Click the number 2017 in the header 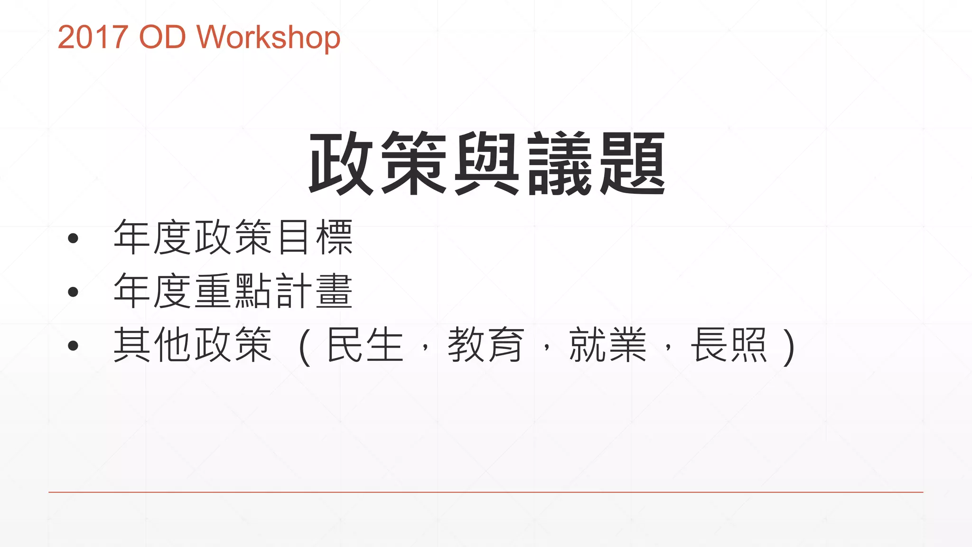point(93,37)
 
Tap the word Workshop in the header point(269,38)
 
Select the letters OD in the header point(162,37)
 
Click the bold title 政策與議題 point(487,163)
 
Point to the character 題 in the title point(633,163)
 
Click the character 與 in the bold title point(487,163)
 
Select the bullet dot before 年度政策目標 point(73,238)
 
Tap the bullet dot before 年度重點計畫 point(73,292)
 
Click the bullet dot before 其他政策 point(73,346)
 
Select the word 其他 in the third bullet point(153,345)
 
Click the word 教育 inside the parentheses point(486,345)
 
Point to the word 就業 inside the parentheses point(607,345)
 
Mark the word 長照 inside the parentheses point(729,345)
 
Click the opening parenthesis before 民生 point(305,347)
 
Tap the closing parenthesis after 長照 point(789,347)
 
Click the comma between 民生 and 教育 point(426,349)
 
